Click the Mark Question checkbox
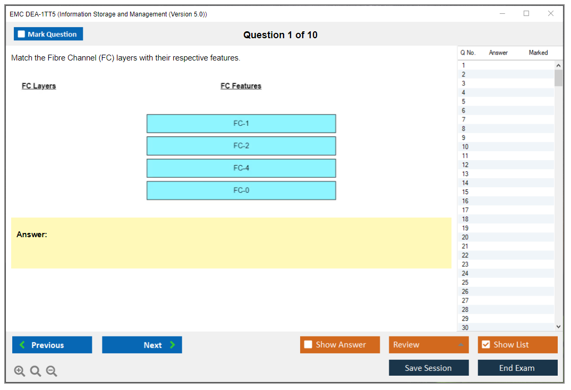click(x=21, y=34)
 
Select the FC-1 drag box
click(x=241, y=124)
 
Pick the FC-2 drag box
click(x=241, y=146)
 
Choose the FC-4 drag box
click(x=241, y=168)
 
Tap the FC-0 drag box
click(x=241, y=190)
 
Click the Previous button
click(x=52, y=345)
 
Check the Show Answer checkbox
click(x=308, y=345)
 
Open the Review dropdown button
click(x=429, y=345)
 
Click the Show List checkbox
click(x=485, y=345)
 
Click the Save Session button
click(x=429, y=368)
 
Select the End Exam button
click(x=517, y=368)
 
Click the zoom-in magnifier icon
click(x=20, y=371)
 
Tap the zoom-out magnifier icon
click(x=52, y=371)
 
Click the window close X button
click(x=551, y=14)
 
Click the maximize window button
click(x=526, y=14)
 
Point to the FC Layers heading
click(x=39, y=86)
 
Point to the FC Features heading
click(x=241, y=86)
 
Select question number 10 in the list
click(x=465, y=146)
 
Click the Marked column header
click(x=538, y=53)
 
